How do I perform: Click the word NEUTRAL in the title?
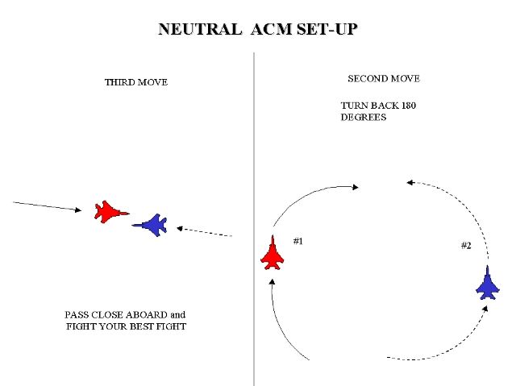pos(200,30)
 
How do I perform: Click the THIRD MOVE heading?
pos(136,82)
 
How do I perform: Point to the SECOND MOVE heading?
pos(384,79)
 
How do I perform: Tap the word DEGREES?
pos(364,118)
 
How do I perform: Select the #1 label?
pos(298,241)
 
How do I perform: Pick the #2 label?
pos(466,245)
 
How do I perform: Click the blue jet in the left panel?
pos(151,225)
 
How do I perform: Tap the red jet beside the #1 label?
pos(273,253)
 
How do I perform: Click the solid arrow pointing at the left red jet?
pos(48,206)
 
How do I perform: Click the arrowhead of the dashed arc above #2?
pos(410,183)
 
